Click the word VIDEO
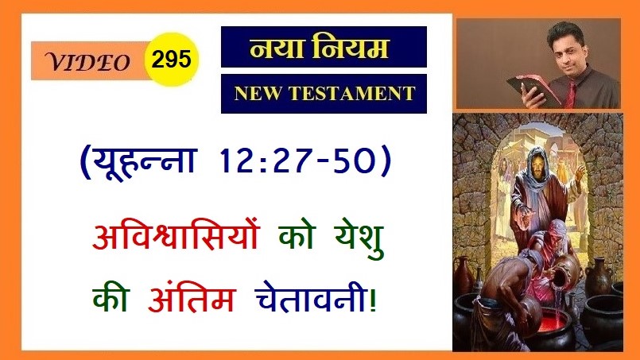(x=87, y=63)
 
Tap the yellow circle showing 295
(x=172, y=60)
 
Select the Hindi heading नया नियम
(x=319, y=48)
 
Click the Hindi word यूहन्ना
(x=144, y=161)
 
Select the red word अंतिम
(x=192, y=297)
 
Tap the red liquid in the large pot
(x=550, y=322)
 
